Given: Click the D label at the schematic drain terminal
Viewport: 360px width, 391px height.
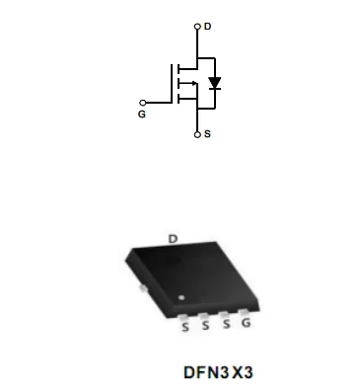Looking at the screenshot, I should click(207, 26).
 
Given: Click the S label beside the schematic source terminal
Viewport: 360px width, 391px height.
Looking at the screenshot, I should click(207, 134).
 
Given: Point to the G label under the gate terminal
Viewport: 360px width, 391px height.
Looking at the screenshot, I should click(142, 115).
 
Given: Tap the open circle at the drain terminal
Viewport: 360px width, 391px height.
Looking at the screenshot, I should click(197, 27).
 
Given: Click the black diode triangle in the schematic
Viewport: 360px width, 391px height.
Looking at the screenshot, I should click(214, 83).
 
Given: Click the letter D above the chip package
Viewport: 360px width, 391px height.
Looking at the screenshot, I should click(173, 238).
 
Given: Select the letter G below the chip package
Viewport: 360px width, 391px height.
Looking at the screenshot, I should click(246, 323).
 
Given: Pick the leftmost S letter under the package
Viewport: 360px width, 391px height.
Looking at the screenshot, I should click(184, 326).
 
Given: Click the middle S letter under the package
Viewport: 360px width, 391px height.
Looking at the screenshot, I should click(205, 325).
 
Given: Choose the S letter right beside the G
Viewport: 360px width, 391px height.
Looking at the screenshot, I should click(226, 324).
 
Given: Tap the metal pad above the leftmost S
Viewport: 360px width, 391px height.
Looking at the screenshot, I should click(185, 315).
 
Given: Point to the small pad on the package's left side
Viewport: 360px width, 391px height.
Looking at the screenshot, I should click(144, 288).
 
